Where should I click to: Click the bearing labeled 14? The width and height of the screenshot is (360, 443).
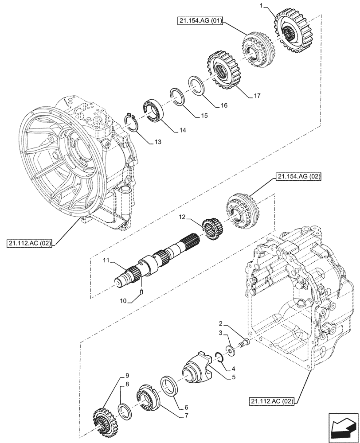tap(153, 111)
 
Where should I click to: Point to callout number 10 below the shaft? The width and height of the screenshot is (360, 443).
tap(123, 301)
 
